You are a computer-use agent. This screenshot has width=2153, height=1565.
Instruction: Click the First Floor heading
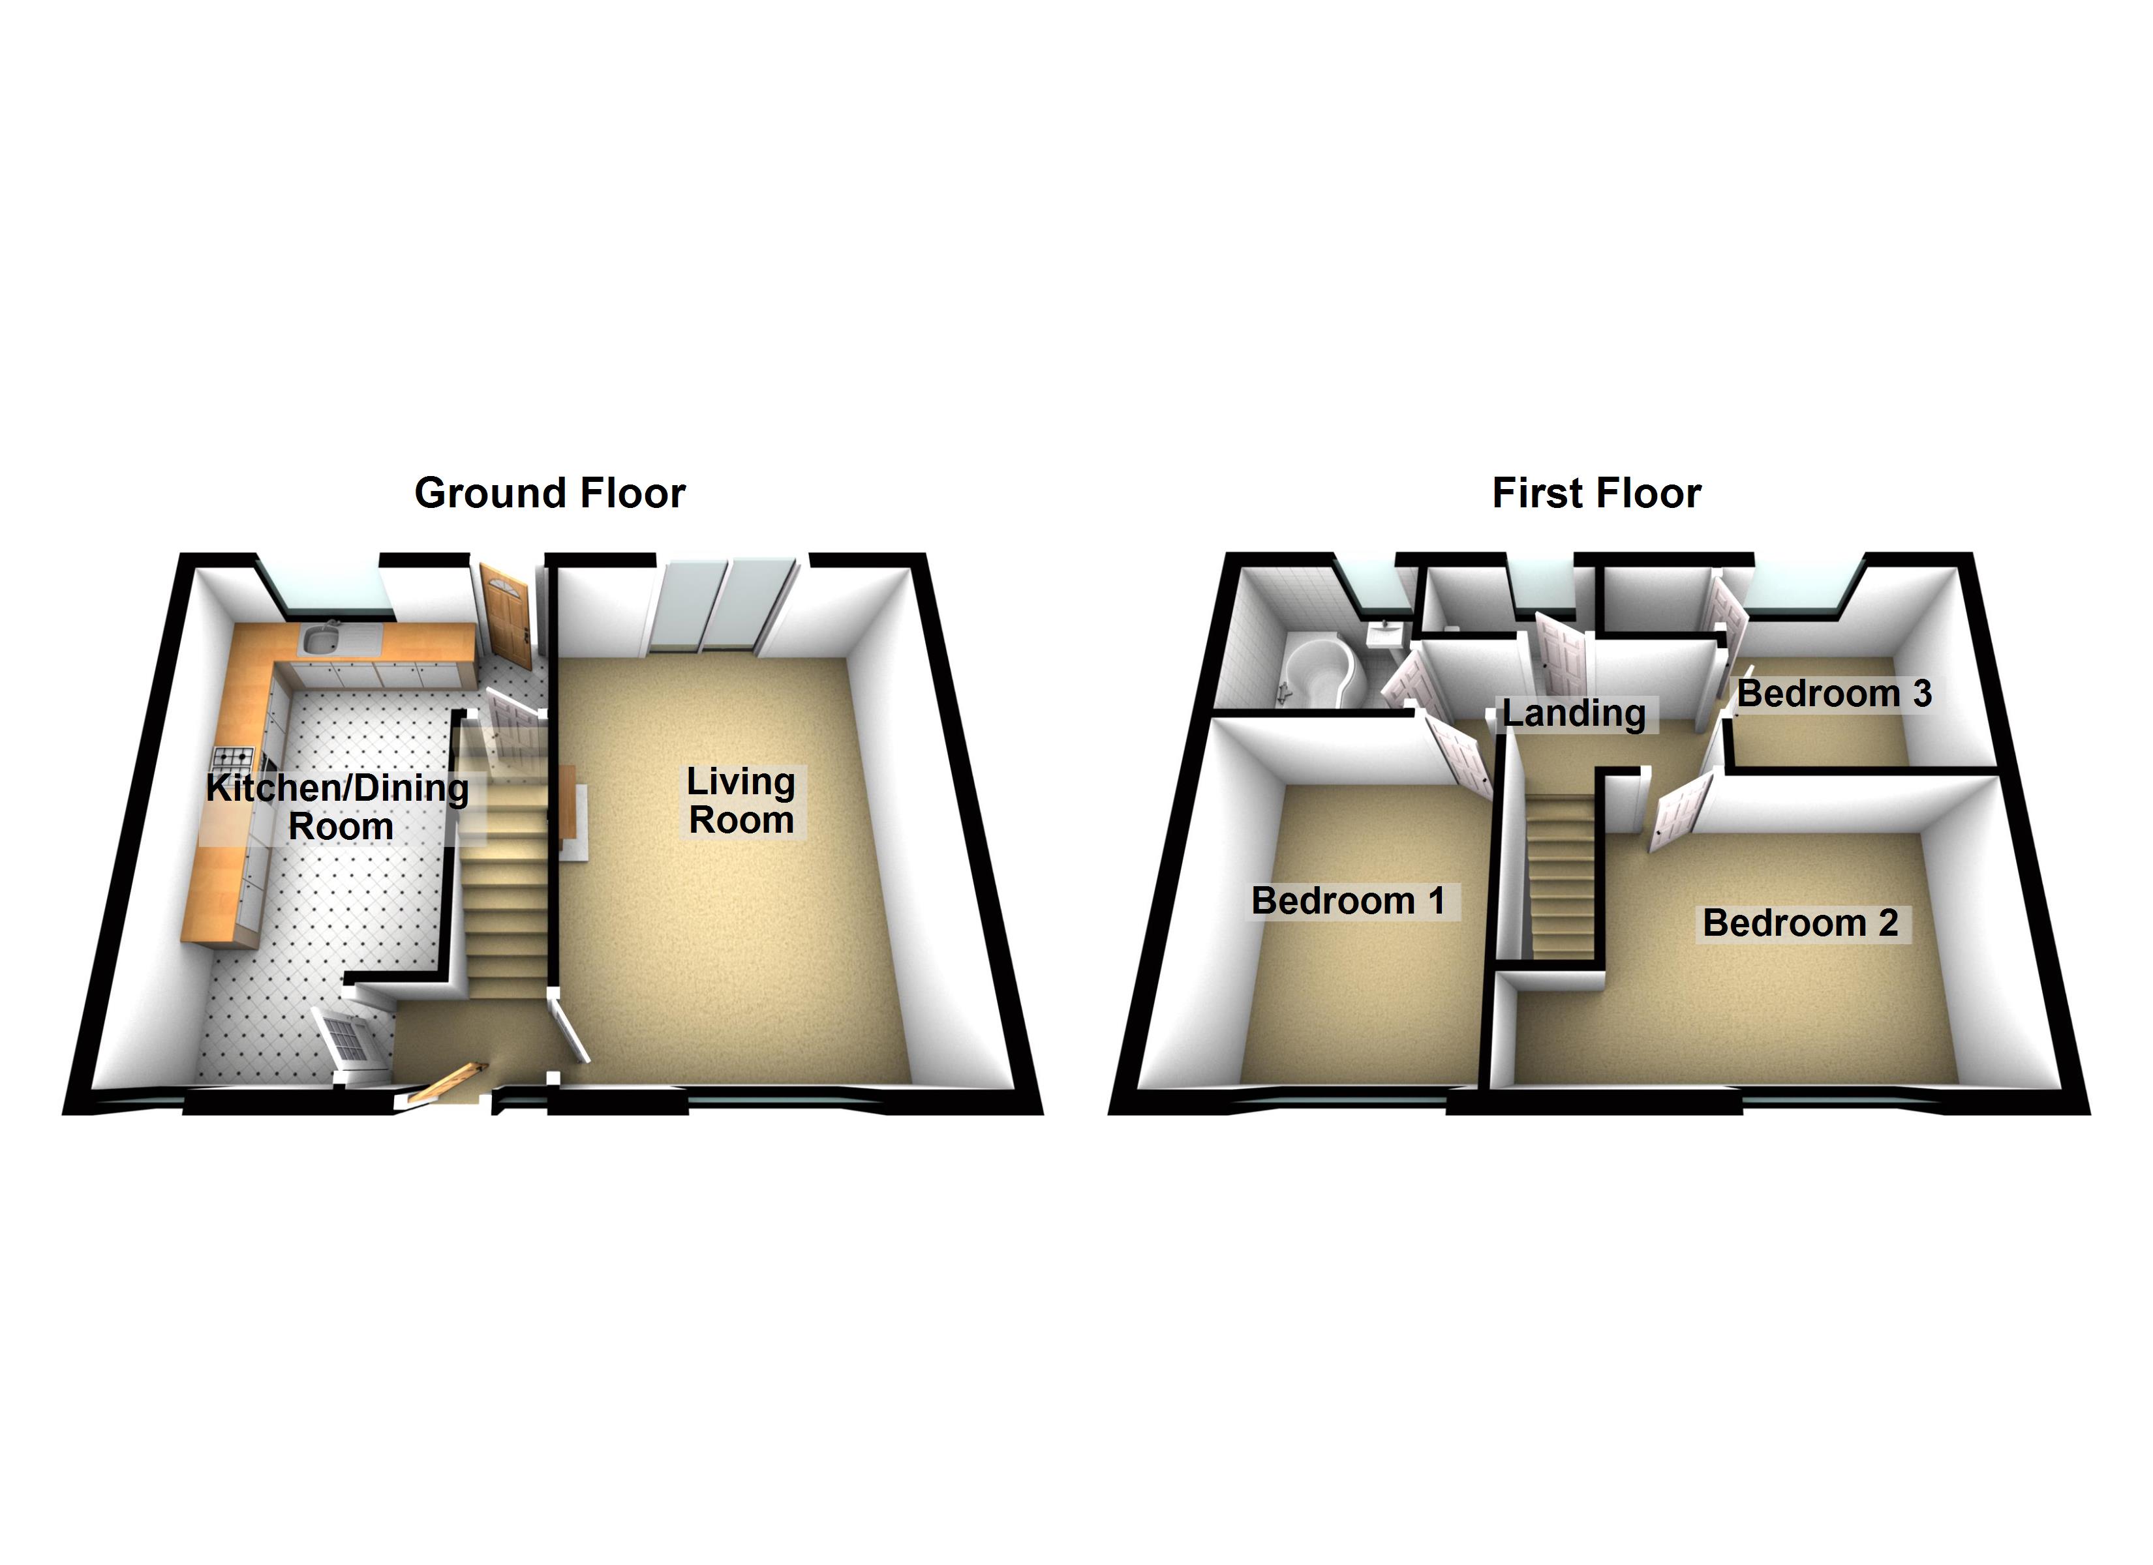click(x=1596, y=494)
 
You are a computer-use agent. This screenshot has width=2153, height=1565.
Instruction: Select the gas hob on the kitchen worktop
click(x=234, y=757)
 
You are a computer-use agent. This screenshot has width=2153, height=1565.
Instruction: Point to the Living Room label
click(x=741, y=801)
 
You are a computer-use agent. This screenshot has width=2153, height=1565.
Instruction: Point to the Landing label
click(x=1574, y=713)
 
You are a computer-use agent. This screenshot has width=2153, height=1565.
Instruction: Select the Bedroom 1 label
click(x=1348, y=901)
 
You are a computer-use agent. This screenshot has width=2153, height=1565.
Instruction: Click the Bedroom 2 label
click(x=1800, y=923)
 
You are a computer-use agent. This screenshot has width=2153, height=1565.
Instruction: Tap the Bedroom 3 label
click(x=1834, y=694)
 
